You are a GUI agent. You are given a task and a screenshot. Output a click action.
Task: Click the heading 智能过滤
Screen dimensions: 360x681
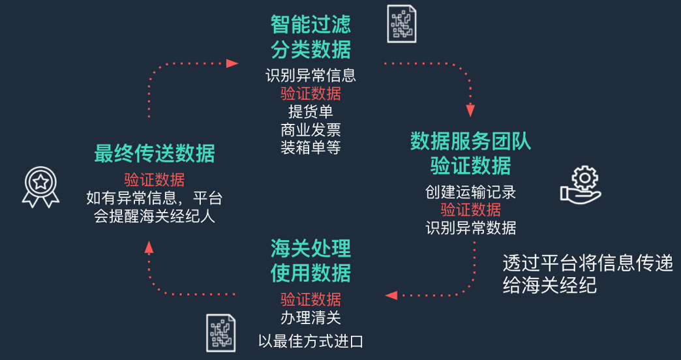pyautogui.click(x=310, y=25)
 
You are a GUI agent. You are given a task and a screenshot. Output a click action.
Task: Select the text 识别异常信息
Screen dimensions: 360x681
pyautogui.click(x=310, y=75)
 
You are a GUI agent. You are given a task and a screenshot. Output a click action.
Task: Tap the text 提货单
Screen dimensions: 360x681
pyautogui.click(x=310, y=111)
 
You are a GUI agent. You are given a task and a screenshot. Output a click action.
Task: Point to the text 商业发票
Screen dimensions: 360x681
pyautogui.click(x=310, y=129)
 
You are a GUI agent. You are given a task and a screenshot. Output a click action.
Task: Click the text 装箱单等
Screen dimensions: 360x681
pyautogui.click(x=310, y=147)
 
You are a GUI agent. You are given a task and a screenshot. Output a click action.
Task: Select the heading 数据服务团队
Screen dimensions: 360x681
pyautogui.click(x=470, y=141)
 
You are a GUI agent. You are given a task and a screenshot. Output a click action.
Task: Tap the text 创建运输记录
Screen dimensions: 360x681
pyautogui.click(x=470, y=192)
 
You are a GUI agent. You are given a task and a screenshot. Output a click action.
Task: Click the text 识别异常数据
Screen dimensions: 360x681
pyautogui.click(x=470, y=228)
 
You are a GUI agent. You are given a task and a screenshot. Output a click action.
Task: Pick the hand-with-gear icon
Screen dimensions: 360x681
pyautogui.click(x=579, y=185)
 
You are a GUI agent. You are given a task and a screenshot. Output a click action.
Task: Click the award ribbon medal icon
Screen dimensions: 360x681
pyautogui.click(x=40, y=188)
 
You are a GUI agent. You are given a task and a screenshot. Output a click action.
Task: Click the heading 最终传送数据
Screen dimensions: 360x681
pyautogui.click(x=155, y=153)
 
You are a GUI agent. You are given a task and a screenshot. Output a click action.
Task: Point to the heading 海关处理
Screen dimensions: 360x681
pyautogui.click(x=310, y=248)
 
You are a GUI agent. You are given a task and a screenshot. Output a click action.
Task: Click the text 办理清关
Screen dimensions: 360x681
pyautogui.click(x=310, y=318)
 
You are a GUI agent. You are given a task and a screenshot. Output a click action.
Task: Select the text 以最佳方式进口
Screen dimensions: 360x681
pyautogui.click(x=310, y=340)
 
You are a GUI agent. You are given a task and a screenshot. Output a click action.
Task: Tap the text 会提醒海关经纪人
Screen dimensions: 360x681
pyautogui.click(x=155, y=216)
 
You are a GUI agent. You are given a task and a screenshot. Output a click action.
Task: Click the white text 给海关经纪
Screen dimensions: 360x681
pyautogui.click(x=550, y=286)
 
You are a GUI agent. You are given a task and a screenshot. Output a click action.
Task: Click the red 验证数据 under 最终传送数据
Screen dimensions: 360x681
pyautogui.click(x=155, y=179)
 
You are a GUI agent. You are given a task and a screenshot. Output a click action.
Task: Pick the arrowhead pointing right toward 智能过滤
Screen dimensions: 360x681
pyautogui.click(x=232, y=63)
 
